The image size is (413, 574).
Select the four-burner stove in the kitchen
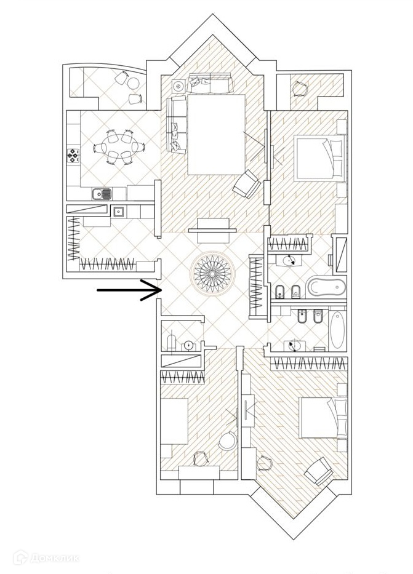(x=74, y=155)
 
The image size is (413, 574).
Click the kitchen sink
(x=102, y=194)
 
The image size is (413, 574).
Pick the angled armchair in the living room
(x=247, y=183)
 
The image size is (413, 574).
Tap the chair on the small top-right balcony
(x=300, y=89)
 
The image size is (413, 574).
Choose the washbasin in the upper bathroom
(x=289, y=260)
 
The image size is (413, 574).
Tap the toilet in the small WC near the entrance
(x=172, y=341)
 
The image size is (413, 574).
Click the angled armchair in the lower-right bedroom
(x=318, y=471)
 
